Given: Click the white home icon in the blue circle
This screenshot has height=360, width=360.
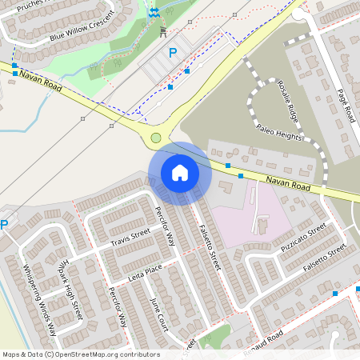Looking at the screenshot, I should click(x=180, y=172).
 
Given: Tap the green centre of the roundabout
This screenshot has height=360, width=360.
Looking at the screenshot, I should click(x=156, y=138).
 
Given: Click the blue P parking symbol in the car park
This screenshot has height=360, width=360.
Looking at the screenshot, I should click(x=172, y=53).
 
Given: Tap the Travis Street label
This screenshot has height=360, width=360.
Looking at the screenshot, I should click(x=130, y=238).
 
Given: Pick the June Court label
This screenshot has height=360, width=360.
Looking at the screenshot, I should click(x=160, y=312).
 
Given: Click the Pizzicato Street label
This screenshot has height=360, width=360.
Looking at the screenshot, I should click(x=304, y=239).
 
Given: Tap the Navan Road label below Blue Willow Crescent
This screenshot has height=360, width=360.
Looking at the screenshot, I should click(x=41, y=82).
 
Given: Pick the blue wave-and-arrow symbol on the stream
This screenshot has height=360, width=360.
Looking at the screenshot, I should click(x=154, y=12).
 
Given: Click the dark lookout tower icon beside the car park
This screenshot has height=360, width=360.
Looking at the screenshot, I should click(x=162, y=31).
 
